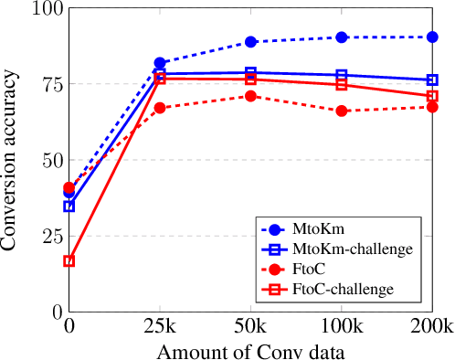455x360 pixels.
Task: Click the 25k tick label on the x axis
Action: (x=160, y=327)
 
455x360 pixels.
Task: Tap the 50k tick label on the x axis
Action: (x=250, y=327)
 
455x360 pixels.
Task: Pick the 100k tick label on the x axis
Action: (x=342, y=327)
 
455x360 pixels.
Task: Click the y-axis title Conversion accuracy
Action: (x=15, y=160)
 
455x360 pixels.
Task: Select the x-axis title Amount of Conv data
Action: (x=250, y=351)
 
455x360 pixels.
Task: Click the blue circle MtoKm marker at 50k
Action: (x=250, y=42)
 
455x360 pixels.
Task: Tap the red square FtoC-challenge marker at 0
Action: (x=69, y=261)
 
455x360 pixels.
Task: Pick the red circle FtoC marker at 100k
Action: (x=342, y=111)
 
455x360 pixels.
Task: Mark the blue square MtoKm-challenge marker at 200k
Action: (x=432, y=80)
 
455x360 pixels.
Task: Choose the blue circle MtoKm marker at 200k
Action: (x=432, y=37)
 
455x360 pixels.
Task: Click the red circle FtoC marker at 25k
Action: (x=160, y=108)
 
